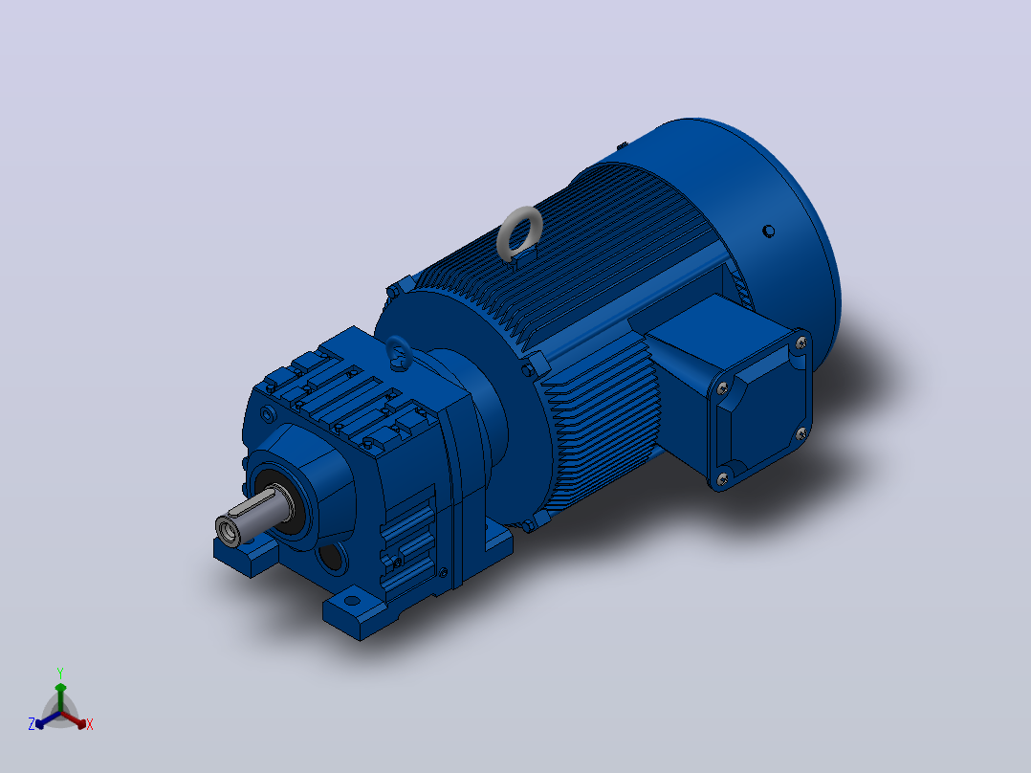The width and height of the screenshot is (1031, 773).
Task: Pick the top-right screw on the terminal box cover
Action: [801, 342]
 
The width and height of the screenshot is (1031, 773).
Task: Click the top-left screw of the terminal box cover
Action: [722, 388]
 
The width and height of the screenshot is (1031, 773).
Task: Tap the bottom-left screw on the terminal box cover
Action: [723, 479]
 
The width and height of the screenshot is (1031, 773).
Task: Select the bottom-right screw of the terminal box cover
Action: [801, 433]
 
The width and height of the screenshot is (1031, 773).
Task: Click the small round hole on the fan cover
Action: [768, 231]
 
